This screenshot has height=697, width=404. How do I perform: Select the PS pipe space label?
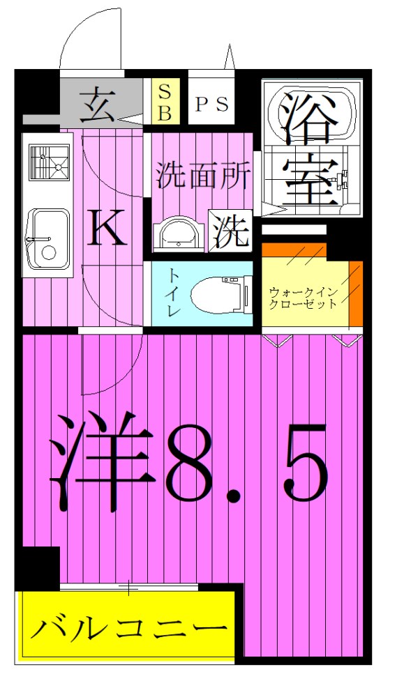tap(211, 103)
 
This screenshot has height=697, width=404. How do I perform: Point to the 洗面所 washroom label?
tap(203, 176)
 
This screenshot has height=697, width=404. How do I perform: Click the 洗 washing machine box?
tap(231, 231)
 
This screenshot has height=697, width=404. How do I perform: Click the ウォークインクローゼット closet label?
tap(304, 298)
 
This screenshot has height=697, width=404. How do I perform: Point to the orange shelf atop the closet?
tap(294, 250)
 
